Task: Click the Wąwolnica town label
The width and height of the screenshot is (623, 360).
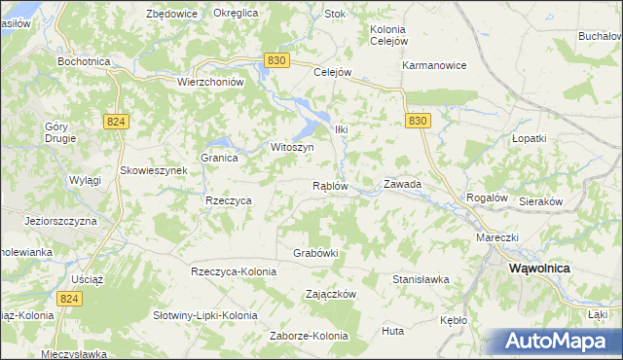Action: tap(540, 268)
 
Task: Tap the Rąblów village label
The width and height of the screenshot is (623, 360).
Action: tap(330, 184)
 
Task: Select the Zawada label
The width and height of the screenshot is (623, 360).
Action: tap(402, 183)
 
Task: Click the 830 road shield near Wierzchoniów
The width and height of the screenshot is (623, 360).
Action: tap(276, 60)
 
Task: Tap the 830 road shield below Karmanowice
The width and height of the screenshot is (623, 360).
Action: tap(418, 120)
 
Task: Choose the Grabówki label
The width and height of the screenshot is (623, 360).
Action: tap(315, 253)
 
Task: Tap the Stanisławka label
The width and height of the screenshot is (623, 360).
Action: tap(421, 279)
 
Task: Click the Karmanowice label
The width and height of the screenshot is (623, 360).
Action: tap(435, 65)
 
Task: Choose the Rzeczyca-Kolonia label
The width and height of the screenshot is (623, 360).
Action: tap(235, 271)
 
